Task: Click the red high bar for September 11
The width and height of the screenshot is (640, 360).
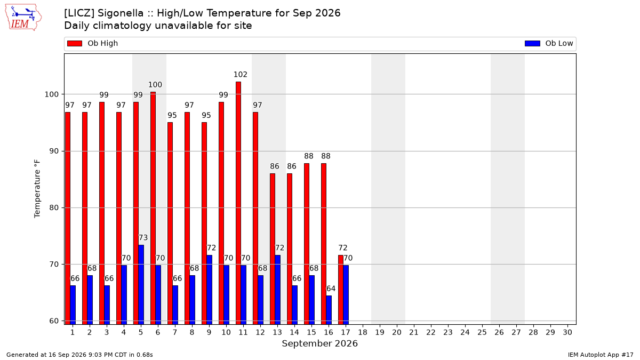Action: click(238, 203)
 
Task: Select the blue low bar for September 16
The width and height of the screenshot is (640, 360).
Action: click(329, 310)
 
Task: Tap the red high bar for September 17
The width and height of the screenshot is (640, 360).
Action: click(341, 290)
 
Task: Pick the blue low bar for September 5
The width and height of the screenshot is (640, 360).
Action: click(141, 285)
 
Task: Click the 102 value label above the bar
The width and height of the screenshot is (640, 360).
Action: click(241, 75)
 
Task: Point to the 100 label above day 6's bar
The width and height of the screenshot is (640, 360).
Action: click(155, 85)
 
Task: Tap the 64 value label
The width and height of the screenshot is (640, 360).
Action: click(331, 289)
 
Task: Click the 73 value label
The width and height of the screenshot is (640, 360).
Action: click(143, 238)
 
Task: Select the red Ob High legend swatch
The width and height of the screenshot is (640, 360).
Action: click(75, 43)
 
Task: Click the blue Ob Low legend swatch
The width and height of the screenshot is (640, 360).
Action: click(532, 43)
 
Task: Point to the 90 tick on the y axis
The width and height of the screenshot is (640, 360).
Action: click(54, 151)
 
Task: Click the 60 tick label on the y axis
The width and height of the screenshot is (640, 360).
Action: click(54, 321)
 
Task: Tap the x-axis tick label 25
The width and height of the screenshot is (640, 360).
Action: click(482, 333)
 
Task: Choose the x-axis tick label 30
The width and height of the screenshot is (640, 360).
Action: click(567, 333)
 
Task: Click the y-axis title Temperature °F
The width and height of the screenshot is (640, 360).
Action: click(37, 189)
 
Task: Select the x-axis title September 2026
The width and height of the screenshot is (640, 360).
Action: click(319, 343)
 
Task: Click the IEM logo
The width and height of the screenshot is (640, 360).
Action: click(23, 18)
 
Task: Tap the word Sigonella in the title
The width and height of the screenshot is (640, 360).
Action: click(121, 13)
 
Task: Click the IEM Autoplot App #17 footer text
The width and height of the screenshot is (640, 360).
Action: click(601, 355)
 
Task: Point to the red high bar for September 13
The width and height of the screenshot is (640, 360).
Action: click(273, 249)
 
